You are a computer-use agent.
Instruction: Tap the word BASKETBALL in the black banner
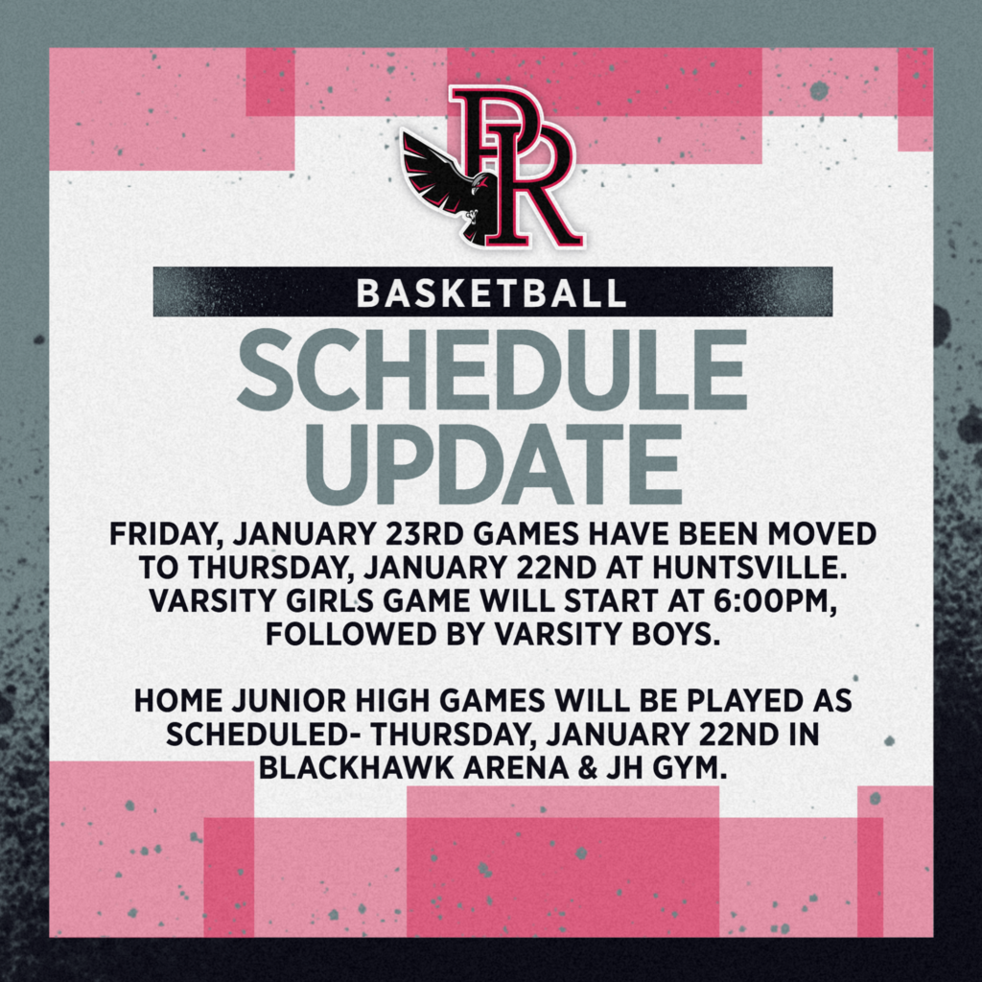[x=491, y=292]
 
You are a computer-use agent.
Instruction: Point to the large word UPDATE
[x=491, y=460]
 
